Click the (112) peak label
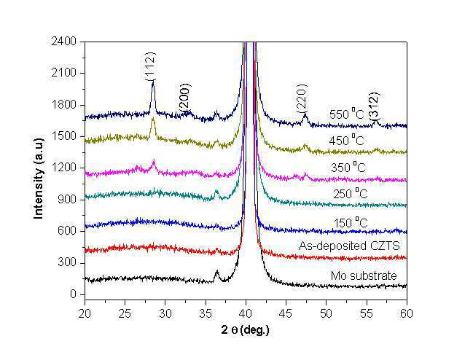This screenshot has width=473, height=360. tap(149, 66)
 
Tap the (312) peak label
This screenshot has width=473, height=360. tap(375, 108)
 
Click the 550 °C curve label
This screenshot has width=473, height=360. tap(347, 114)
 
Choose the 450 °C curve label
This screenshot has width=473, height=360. tap(347, 140)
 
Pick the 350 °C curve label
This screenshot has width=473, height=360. tap(348, 167)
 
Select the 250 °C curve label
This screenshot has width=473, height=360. tap(351, 193)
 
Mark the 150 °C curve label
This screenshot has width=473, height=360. tap(351, 222)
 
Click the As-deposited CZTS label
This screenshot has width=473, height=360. tap(349, 246)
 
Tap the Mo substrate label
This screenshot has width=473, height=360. tap(364, 275)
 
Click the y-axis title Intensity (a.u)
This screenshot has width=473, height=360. tap(39, 179)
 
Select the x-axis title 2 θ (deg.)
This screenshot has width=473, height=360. tap(245, 330)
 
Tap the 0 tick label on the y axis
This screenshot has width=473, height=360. tap(74, 294)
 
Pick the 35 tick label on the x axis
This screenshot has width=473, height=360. tap(206, 313)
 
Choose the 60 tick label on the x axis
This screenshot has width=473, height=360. tap(407, 313)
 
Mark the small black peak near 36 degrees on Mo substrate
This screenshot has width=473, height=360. tap(216, 271)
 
